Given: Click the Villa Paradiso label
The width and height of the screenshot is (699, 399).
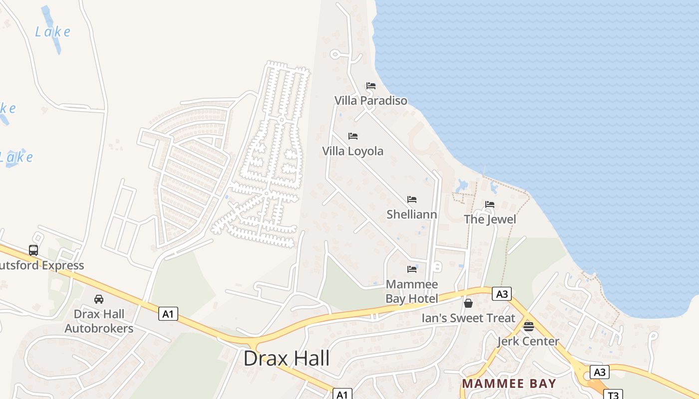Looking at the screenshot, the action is pos(370,100).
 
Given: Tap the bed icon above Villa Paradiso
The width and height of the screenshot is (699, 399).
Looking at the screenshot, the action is pos(370,86).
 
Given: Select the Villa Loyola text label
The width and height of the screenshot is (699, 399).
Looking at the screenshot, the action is pos(352,151).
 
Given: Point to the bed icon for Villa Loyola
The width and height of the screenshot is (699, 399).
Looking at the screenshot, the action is pos(353,136).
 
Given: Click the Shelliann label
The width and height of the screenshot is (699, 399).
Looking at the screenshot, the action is pos(411,214).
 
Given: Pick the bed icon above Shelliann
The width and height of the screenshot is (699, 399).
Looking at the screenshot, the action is pos(411,199).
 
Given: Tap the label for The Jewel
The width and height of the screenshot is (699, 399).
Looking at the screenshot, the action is pos(489,219).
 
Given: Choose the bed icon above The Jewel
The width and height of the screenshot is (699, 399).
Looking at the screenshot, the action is pos(489,204).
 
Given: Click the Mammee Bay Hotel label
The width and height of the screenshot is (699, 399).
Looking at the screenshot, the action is pos(411,291).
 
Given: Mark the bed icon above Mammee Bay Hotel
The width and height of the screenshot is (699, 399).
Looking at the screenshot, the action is pos(411,269).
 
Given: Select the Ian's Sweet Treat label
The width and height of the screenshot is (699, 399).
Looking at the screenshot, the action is pos(468,318).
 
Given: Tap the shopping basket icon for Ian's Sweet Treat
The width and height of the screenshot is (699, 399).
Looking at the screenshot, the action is pos(468,303).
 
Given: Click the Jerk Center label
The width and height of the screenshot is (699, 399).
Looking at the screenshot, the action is pos(528,341).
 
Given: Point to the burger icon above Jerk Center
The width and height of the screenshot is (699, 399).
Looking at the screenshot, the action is pos(528,327).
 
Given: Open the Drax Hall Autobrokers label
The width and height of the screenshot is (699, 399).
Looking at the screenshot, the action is pos(99,321).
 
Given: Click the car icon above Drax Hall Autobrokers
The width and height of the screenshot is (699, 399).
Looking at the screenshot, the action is pos(99,299).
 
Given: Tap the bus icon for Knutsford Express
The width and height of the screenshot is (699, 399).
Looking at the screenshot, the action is pos(33,250).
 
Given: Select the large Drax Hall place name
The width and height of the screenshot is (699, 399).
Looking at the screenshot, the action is pos(287,359).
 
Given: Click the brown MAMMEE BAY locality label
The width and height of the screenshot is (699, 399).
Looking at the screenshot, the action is pos(509,384).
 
